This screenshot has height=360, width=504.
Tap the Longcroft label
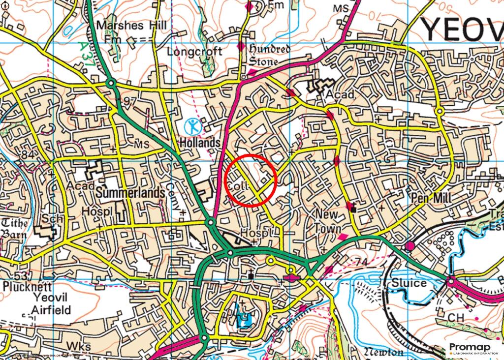coord(194,51)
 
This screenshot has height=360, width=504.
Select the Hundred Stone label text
coord(269,55)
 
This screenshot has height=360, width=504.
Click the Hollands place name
coord(199,143)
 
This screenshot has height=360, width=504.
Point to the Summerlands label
coord(130,193)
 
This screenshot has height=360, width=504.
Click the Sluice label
coord(409,283)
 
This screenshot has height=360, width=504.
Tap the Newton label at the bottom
coord(383,352)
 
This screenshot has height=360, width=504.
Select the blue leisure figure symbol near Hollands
coord(193,126)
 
